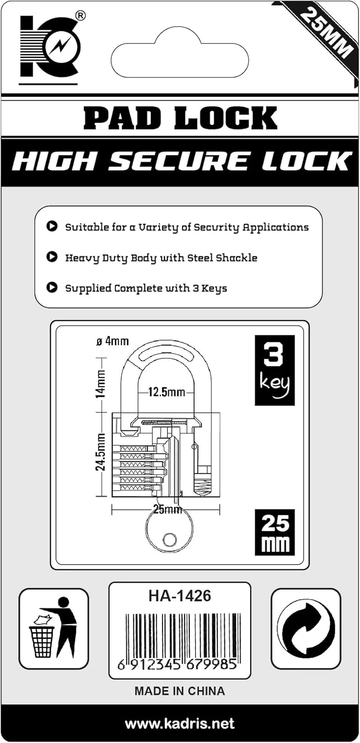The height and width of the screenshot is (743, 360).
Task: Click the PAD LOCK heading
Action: [x=180, y=118]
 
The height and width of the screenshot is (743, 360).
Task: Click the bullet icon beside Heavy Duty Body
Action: [x=51, y=257]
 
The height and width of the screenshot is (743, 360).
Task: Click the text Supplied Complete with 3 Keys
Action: [x=146, y=288]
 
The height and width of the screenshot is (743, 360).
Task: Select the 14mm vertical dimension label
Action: [x=101, y=384]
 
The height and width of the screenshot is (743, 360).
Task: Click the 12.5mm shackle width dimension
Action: [x=166, y=393]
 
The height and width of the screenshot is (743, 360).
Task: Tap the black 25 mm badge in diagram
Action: [x=274, y=532]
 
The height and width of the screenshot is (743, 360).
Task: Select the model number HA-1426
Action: [x=179, y=596]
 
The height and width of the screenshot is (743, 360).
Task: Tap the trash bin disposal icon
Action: [x=53, y=628]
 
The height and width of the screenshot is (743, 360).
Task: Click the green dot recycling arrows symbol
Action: [x=306, y=628]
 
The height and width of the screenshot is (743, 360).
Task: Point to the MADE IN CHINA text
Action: [x=179, y=691]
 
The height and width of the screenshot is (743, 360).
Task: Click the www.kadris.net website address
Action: [x=179, y=724]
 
